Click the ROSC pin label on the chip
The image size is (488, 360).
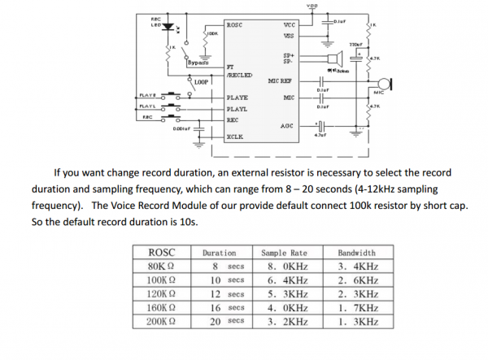pos(236,25)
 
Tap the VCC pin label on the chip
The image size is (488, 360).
pos(289,25)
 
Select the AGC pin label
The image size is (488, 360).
pos(286,126)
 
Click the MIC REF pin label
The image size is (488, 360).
pos(280,81)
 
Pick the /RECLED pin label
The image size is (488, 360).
pos(239,75)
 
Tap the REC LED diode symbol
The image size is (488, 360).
pos(168,27)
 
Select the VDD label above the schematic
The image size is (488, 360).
pos(313,6)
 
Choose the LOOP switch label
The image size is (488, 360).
pos(202,82)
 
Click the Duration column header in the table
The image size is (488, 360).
pos(220,254)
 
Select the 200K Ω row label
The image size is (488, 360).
pos(163,322)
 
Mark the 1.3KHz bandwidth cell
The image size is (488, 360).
pos(358,322)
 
